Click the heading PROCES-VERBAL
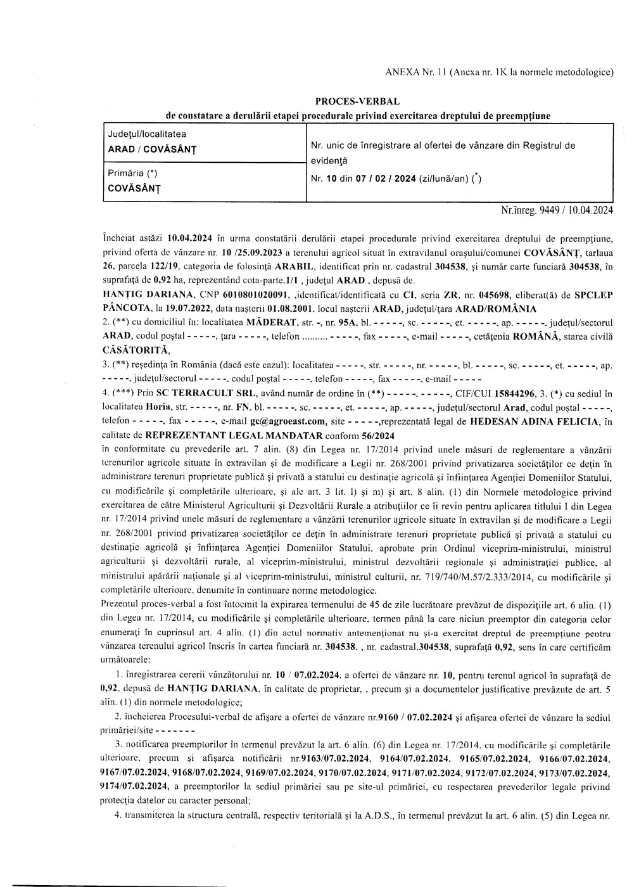pos(357,101)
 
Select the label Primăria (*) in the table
pos(132,173)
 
